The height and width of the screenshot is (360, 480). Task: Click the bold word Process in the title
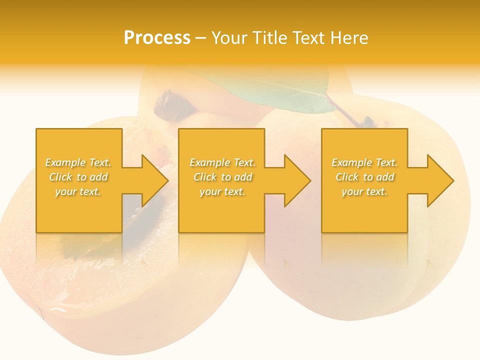click(157, 38)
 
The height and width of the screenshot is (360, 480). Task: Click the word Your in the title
click(230, 38)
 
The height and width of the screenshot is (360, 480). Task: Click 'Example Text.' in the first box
click(78, 162)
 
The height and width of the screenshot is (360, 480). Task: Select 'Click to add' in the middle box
click(222, 177)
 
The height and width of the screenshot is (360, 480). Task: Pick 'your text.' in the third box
click(364, 191)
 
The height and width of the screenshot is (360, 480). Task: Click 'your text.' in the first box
click(78, 191)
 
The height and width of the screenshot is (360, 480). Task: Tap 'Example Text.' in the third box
click(364, 162)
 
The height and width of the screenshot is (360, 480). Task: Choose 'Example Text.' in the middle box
click(222, 162)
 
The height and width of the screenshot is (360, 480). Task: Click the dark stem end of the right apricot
click(368, 121)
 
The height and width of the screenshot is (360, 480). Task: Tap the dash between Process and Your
click(200, 38)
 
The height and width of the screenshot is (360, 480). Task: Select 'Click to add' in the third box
click(364, 177)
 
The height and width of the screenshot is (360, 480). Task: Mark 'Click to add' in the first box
click(78, 177)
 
